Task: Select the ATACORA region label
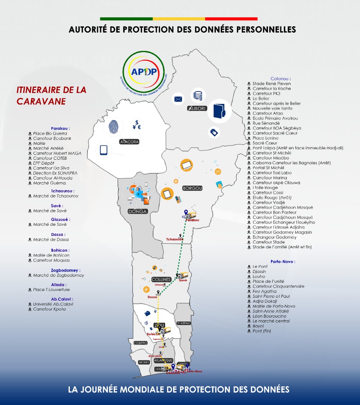[129, 142]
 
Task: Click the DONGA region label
[137, 211]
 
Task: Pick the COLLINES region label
[161, 279]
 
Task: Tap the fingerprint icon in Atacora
[115, 127]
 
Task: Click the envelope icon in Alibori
[178, 99]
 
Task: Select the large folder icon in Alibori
[218, 111]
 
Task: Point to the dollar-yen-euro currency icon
[136, 125]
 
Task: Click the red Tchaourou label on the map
[175, 239]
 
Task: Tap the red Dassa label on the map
[152, 297]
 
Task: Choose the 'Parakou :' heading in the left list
[60, 128]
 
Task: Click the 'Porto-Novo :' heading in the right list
[283, 261]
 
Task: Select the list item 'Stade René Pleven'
[271, 84]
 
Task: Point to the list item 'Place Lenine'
[265, 138]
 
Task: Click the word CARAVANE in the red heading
[41, 101]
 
